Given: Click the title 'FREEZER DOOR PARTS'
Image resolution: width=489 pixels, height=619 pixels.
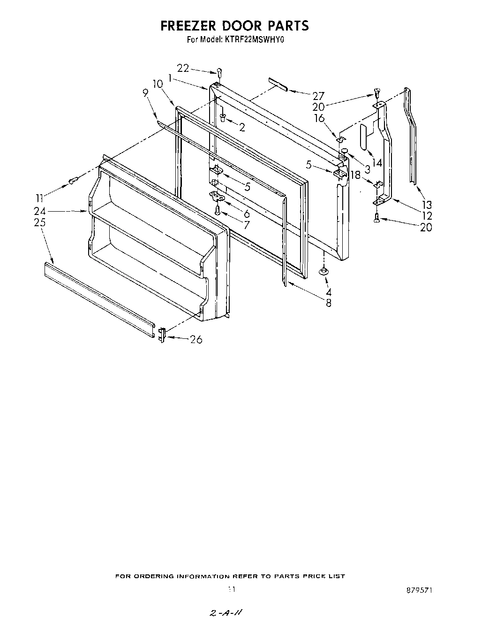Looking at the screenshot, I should (234, 25).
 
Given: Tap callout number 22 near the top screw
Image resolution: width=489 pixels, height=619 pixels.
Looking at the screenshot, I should (183, 68).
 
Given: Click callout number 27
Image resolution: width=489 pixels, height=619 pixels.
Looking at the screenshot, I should (318, 96).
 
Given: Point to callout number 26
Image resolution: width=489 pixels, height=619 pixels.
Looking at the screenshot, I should (196, 339).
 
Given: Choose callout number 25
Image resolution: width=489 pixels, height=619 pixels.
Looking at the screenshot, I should (40, 222).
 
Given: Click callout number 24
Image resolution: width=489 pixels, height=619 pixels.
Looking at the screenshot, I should (39, 211).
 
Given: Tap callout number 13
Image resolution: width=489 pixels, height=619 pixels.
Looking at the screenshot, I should (427, 205).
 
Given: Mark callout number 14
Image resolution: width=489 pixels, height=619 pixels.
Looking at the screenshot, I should (376, 163).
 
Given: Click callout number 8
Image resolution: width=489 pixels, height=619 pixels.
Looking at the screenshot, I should (328, 303).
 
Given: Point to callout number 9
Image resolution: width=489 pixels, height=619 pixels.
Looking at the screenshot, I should (145, 93).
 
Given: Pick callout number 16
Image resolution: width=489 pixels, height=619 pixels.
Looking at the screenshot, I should (319, 118).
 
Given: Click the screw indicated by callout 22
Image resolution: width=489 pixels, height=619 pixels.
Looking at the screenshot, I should (219, 71).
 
